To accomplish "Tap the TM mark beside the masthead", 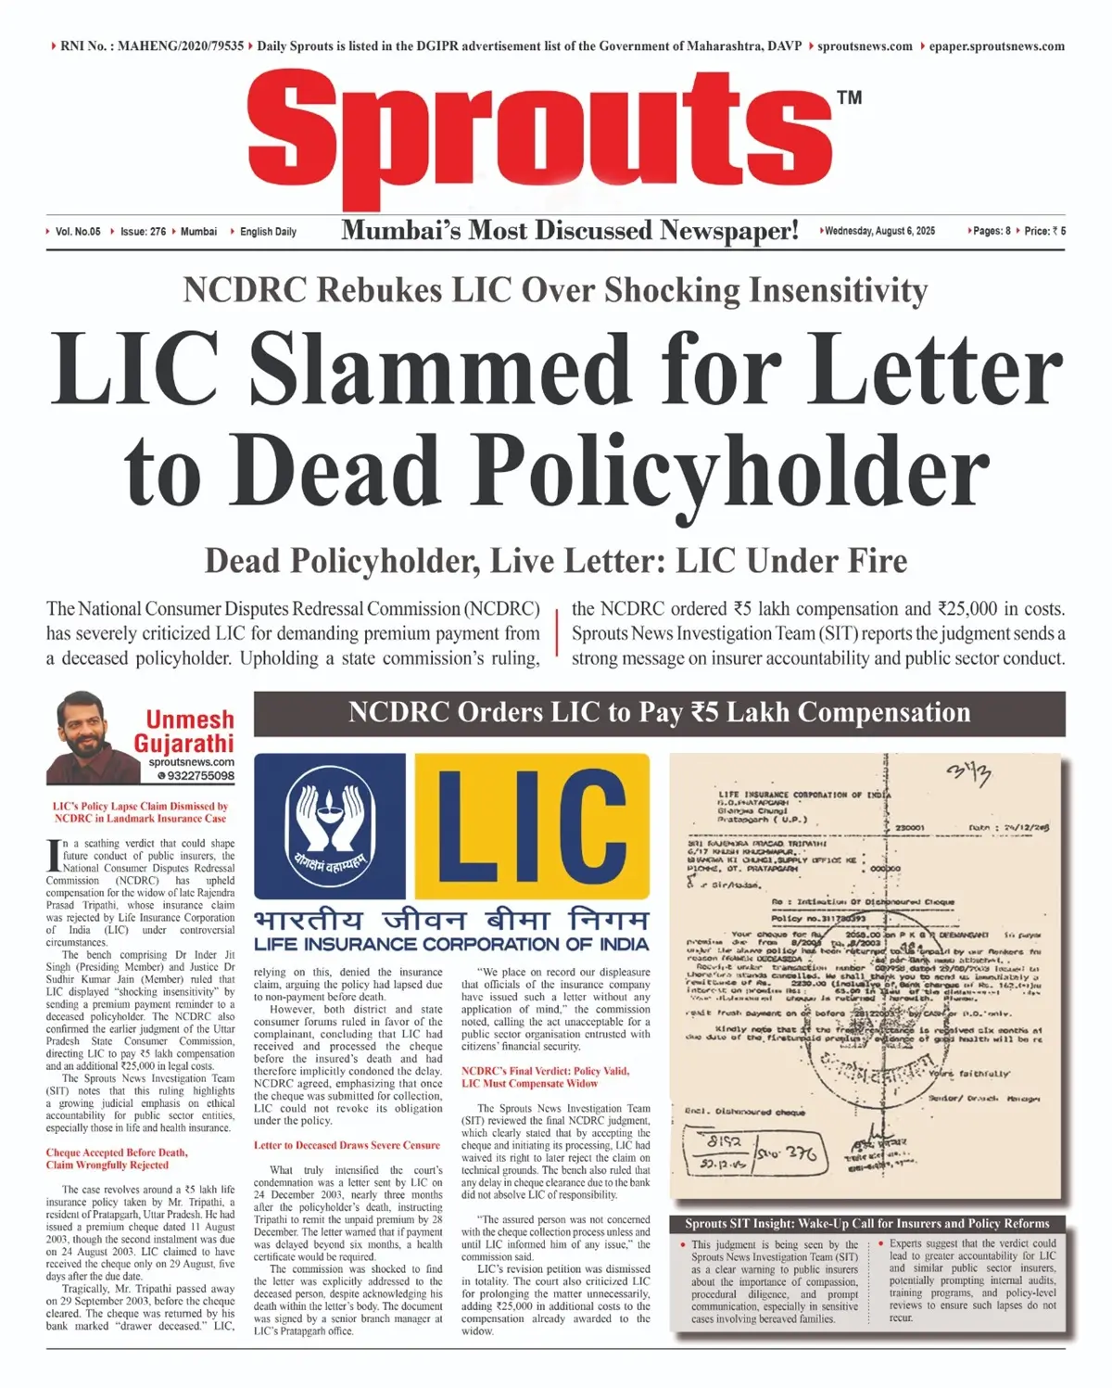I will [849, 97].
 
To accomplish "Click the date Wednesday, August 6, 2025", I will [879, 231].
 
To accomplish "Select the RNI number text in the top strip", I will [152, 45].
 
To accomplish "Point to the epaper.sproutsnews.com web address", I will [996, 45].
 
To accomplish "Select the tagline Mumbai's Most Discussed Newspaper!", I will [569, 230].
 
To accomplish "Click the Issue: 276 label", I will [143, 232].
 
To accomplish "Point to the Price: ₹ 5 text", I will [1044, 231].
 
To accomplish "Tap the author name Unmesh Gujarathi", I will [186, 731].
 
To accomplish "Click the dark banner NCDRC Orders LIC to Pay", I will [659, 713].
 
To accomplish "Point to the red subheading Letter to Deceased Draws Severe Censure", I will [347, 1145].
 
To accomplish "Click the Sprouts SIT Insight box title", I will [866, 1223].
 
